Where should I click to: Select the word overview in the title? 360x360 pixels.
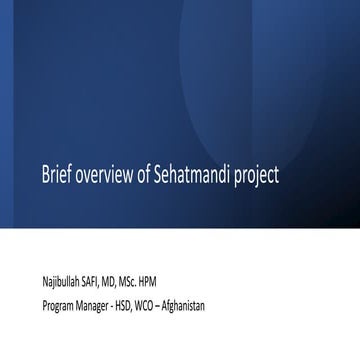[x=102, y=175]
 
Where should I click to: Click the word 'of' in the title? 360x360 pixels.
[x=144, y=175]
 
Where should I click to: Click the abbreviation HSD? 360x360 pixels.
[x=141, y=304]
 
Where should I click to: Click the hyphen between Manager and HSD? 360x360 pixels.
[x=126, y=305]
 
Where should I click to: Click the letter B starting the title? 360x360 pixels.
[x=45, y=175]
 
